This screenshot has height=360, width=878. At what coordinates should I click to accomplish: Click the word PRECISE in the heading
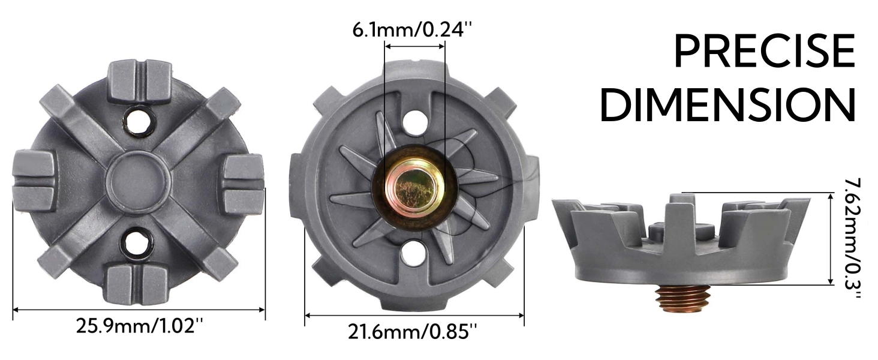point(764,52)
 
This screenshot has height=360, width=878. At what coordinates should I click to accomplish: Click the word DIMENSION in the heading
point(727,105)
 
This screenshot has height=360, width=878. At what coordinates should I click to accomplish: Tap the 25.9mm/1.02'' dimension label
point(140,326)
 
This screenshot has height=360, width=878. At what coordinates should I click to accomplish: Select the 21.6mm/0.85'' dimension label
point(413,332)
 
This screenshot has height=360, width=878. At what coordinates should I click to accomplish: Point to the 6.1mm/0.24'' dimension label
point(413,30)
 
